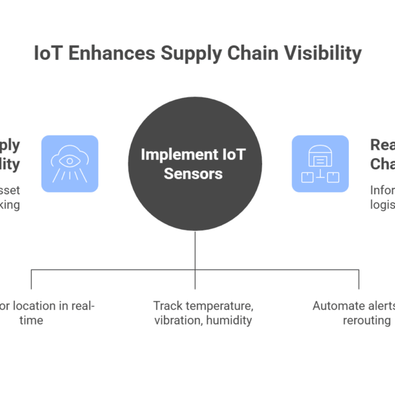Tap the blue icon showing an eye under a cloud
70,164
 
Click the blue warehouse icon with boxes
320,164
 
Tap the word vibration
178,321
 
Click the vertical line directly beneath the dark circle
195,250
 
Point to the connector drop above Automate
358,280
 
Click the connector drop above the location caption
32,280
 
